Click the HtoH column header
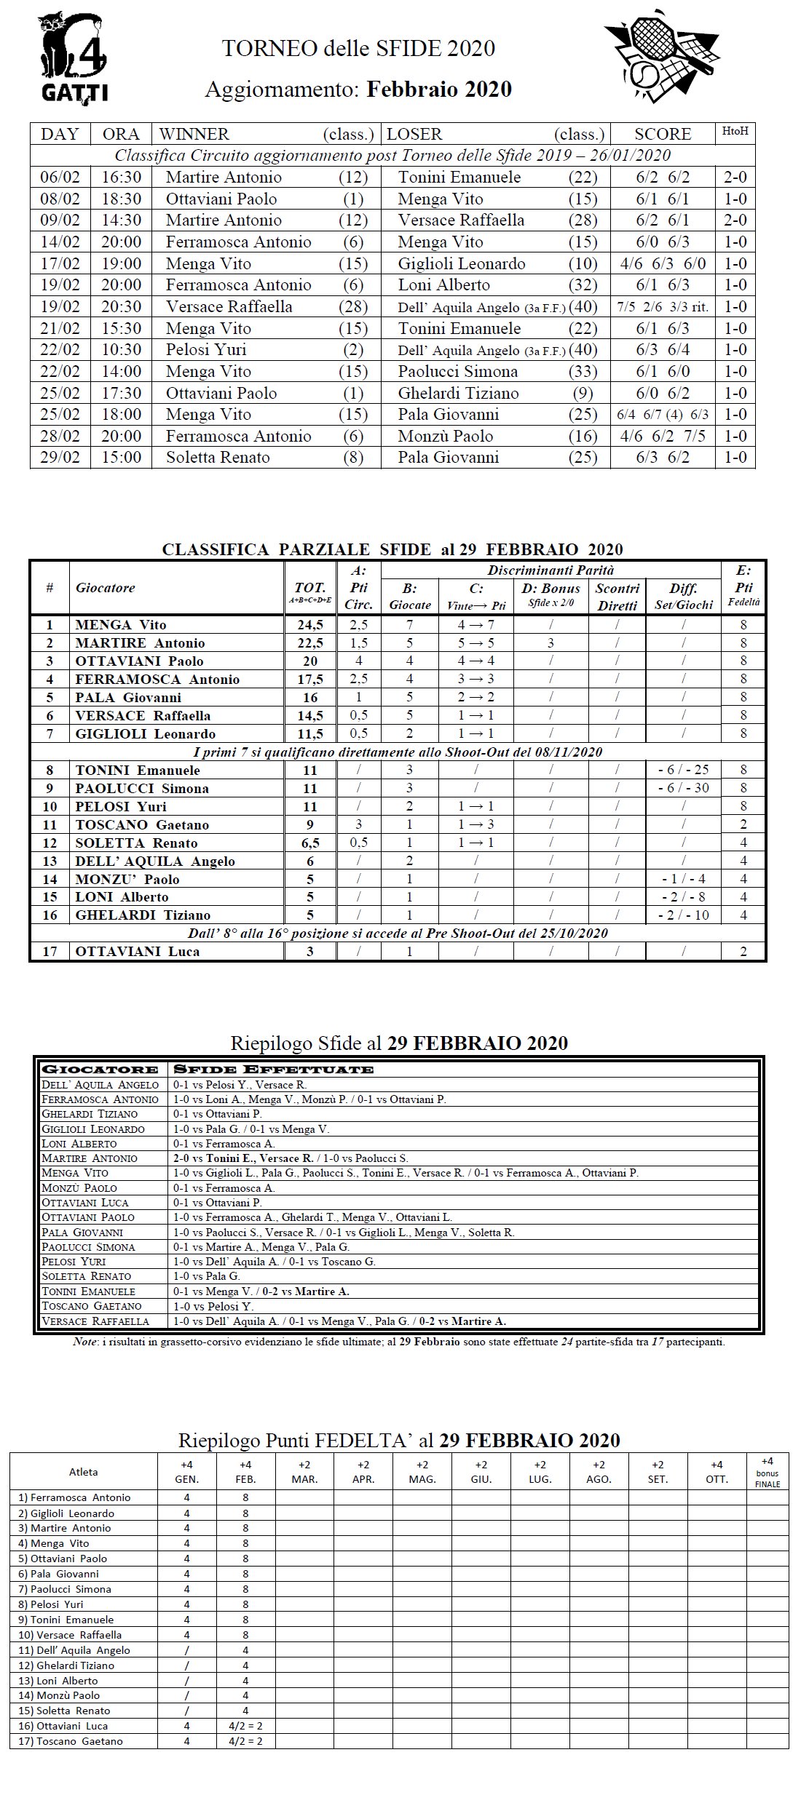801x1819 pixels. [734, 133]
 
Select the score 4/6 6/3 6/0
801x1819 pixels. [663, 263]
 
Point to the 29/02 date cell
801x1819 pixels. [60, 458]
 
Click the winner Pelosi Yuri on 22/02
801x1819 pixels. [206, 350]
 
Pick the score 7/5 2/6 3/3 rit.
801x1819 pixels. [663, 307]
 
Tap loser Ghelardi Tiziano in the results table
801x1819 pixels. [458, 394]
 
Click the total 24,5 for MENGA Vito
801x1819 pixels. [310, 625]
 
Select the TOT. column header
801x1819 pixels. [310, 592]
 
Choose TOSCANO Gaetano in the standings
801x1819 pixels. [142, 825]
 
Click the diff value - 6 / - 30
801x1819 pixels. [683, 789]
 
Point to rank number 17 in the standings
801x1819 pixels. [50, 952]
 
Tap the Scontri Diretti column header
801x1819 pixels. [617, 597]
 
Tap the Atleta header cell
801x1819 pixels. [83, 1472]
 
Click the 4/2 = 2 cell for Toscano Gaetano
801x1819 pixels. [245, 1741]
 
